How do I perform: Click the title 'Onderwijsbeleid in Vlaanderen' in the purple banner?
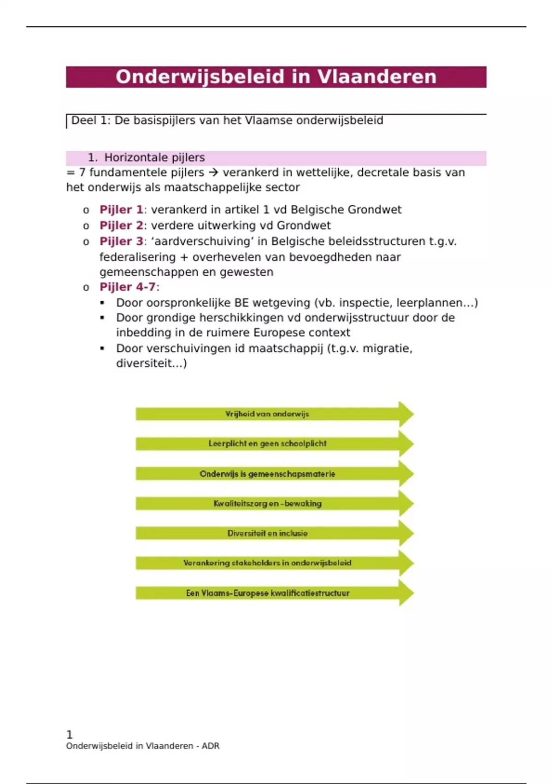coord(276,77)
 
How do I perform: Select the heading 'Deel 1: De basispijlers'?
coord(227,121)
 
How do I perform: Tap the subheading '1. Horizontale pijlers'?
coord(146,158)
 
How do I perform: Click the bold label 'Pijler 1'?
coord(121,210)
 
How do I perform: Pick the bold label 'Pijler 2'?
coord(121,226)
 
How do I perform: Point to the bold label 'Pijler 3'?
coord(121,241)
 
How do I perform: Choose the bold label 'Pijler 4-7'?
coord(128,287)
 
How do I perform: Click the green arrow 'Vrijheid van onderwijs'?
coord(267,414)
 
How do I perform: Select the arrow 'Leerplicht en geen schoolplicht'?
coord(267,444)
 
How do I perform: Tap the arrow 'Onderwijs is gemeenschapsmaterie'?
coord(267,474)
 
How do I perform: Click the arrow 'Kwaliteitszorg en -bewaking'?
coord(267,504)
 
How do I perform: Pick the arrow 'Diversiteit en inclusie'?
coord(267,534)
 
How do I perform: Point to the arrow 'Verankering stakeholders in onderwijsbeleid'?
coord(267,563)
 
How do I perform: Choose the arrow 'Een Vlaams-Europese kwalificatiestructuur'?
coord(267,593)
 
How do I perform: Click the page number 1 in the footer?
coord(70,735)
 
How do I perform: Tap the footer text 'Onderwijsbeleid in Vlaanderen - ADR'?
coord(142,746)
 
